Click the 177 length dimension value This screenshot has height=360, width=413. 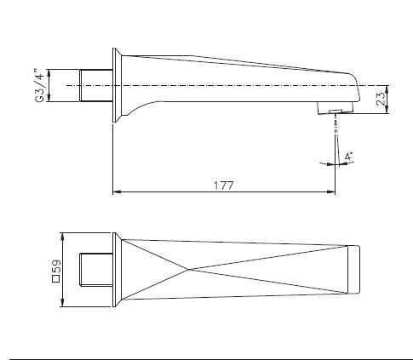coord(223,186)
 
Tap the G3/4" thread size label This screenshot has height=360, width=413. coord(39,85)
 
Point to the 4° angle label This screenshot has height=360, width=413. coord(348,157)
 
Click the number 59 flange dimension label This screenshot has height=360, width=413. coord(56,266)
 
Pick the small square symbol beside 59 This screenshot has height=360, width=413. coord(56,279)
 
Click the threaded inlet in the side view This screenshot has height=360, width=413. coord(96,85)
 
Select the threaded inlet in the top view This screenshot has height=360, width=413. coord(96,270)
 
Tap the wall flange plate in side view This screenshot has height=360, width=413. coord(116,85)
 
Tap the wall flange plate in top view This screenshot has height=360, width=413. coord(116,270)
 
